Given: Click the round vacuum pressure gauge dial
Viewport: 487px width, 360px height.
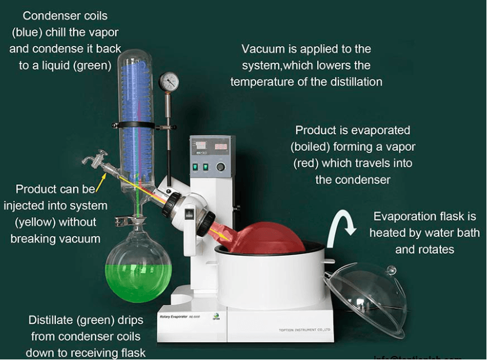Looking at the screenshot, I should point(170,82).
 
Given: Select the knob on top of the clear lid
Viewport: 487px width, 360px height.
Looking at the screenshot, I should point(391,270).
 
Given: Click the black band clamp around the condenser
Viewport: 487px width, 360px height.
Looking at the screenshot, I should point(134,124).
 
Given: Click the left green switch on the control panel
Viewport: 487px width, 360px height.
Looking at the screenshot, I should point(195,168).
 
